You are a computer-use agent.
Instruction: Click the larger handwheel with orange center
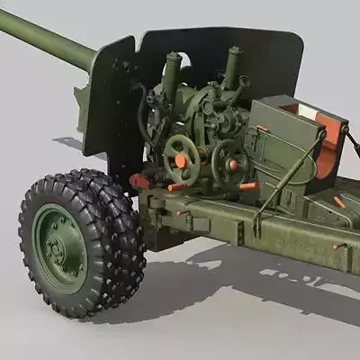click(181, 159)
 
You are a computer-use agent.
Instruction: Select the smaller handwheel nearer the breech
click(230, 162)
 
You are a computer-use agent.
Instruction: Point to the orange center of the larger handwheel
click(181, 160)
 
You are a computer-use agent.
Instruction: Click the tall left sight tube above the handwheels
click(170, 76)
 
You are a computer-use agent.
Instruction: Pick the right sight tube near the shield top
click(233, 67)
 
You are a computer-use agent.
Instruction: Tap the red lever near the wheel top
click(139, 181)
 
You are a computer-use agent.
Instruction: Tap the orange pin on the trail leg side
click(339, 246)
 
